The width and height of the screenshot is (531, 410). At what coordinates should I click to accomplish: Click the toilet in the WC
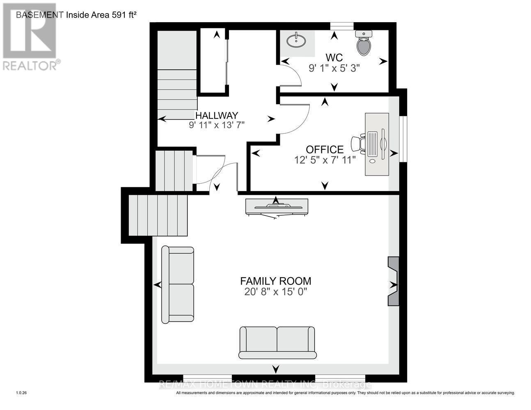click(x=364, y=43)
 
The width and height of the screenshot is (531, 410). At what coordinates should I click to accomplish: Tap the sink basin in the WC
click(x=296, y=41)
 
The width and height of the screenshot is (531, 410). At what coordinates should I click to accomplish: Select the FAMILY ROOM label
click(x=275, y=281)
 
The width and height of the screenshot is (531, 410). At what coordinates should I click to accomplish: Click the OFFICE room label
click(x=325, y=149)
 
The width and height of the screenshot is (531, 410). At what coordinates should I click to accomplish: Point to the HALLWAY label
click(x=217, y=116)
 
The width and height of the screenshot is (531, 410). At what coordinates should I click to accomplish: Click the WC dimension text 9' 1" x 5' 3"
click(x=334, y=68)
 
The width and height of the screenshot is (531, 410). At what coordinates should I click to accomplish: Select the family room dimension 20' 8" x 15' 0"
click(x=275, y=292)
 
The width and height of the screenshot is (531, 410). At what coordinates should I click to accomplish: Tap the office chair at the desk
click(x=358, y=143)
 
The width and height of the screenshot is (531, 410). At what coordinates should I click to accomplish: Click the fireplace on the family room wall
click(x=393, y=281)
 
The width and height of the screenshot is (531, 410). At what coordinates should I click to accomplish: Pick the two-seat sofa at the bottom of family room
click(x=277, y=342)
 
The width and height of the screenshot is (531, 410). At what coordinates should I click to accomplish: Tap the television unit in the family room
click(x=276, y=206)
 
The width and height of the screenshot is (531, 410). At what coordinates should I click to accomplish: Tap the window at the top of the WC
click(x=342, y=26)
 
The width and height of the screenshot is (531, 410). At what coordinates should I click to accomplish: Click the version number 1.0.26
click(x=21, y=393)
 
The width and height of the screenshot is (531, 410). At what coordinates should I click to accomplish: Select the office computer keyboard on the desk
click(x=373, y=144)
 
